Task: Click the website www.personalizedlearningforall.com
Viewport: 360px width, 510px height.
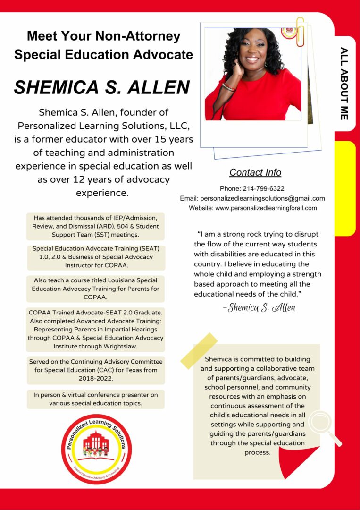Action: (x=266, y=208)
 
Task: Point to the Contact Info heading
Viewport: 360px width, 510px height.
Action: (x=255, y=172)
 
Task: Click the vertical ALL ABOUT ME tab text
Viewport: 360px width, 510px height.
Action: (x=344, y=83)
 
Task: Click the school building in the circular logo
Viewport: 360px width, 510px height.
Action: (x=96, y=442)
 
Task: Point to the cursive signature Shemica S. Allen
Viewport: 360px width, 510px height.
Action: (x=259, y=308)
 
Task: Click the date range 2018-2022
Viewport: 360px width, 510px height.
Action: (x=96, y=379)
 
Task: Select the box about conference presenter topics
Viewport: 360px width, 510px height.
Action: (x=96, y=399)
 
